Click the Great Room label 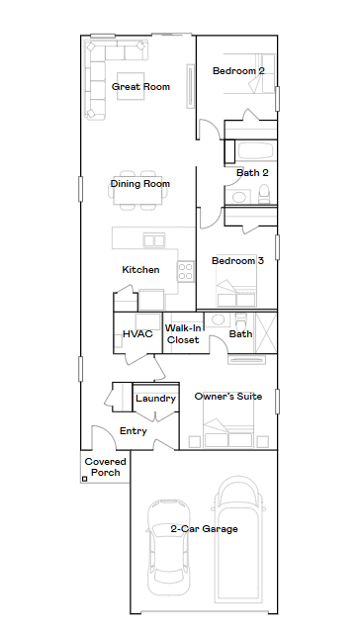point(140,87)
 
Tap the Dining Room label point(140,184)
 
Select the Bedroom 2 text point(238,71)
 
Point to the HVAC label point(137,334)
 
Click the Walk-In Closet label point(183,333)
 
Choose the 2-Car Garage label point(204,529)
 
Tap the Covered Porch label point(106,467)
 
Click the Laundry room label point(155,399)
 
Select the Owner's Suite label point(228,397)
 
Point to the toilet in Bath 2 point(264,194)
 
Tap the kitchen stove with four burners point(185,271)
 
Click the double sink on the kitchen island point(154,240)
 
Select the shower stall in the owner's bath point(265,332)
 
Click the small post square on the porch point(85,479)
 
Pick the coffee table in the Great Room point(131,86)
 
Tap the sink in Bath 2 point(239,197)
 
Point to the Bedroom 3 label point(237,260)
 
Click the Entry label point(134,431)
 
